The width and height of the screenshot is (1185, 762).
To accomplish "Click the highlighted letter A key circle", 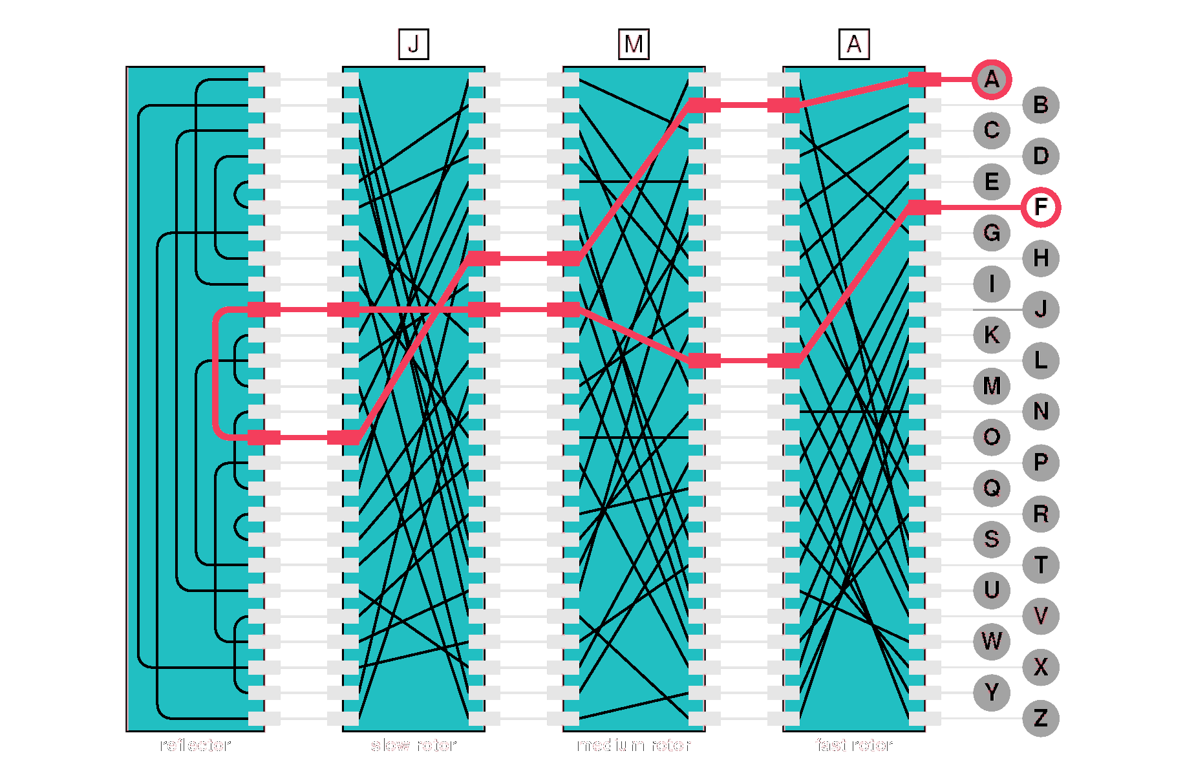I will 991,79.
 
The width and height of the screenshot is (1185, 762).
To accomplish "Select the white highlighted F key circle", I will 1040,207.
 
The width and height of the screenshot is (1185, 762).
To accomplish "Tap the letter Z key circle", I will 1040,718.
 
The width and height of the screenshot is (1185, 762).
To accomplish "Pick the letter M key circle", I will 991,386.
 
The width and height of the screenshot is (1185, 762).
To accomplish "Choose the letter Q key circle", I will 991,489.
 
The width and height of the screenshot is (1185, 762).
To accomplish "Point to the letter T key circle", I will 1040,565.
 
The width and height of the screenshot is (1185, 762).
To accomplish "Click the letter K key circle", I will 991,335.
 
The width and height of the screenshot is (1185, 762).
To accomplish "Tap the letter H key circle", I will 1040,259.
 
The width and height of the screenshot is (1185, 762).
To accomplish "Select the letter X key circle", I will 1040,667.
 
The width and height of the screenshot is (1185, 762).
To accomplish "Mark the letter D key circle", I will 1040,156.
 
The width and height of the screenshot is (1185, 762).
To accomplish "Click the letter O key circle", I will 991,438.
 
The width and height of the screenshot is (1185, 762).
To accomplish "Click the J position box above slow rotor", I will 413,45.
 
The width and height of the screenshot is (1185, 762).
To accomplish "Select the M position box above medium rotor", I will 634,45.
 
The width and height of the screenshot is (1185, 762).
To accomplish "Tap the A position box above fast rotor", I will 854,45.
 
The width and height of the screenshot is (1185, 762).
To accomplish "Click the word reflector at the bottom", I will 195,745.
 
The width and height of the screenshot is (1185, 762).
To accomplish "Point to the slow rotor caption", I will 413,745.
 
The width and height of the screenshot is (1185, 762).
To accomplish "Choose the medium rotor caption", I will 634,745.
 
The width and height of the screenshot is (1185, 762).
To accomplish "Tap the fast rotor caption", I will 854,745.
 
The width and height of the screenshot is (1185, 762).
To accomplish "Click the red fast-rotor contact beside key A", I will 924,79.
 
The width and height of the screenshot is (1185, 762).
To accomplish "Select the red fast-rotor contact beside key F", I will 924,207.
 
